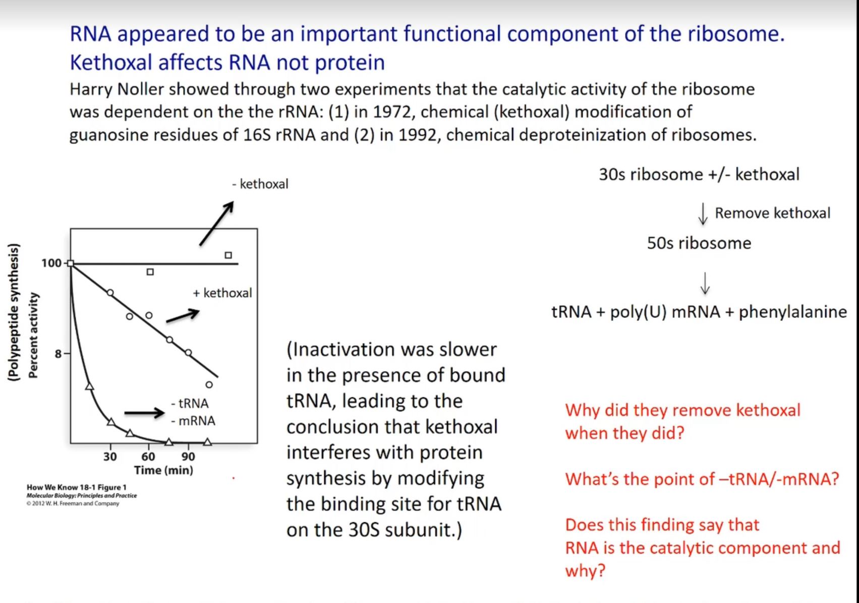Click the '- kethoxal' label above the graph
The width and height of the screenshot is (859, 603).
[260, 184]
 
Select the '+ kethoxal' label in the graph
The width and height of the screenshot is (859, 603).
[222, 293]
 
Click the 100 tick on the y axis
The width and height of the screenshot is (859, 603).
[51, 263]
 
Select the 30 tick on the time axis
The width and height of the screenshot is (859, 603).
[110, 457]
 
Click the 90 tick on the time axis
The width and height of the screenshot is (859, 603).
[188, 457]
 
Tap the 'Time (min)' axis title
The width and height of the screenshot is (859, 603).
[163, 470]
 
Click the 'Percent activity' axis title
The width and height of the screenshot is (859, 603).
[33, 335]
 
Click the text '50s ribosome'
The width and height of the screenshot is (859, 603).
[699, 243]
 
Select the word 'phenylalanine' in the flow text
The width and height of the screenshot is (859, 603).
[792, 312]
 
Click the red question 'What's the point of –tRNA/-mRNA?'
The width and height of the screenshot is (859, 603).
[702, 479]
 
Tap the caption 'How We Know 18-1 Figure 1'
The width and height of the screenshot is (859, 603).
[77, 487]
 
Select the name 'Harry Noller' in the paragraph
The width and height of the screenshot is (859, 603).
[117, 89]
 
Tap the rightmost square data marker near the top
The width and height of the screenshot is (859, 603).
[228, 255]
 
